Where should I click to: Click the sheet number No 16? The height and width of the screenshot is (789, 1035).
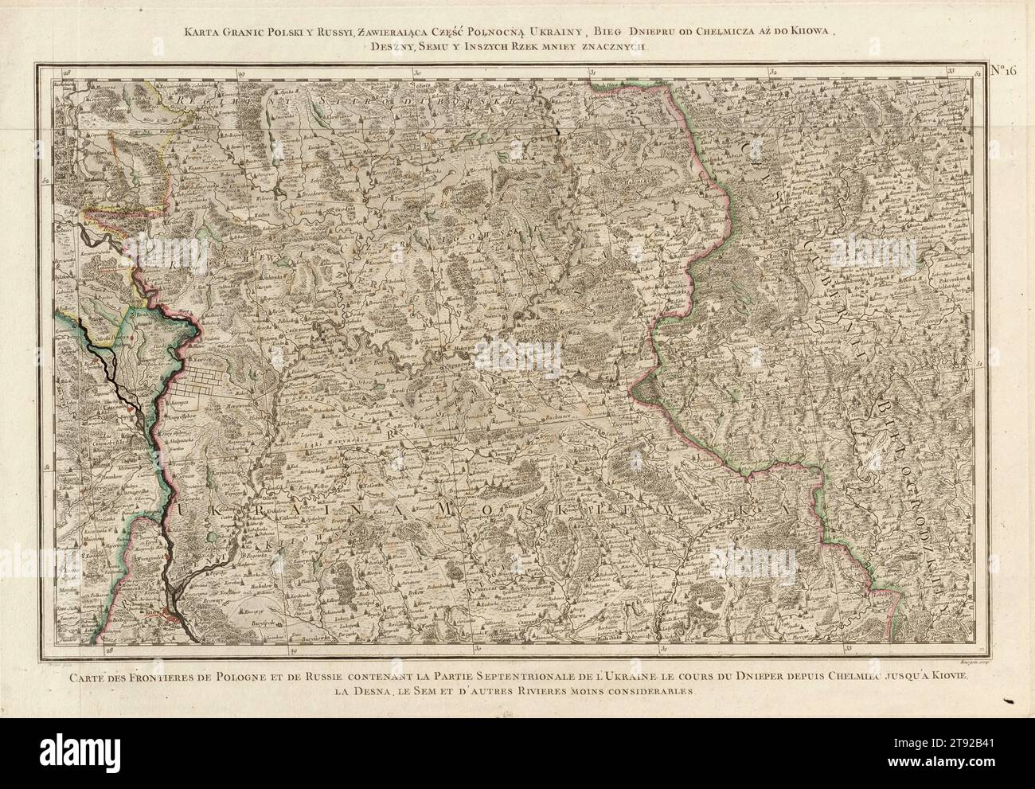click(1004, 70)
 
